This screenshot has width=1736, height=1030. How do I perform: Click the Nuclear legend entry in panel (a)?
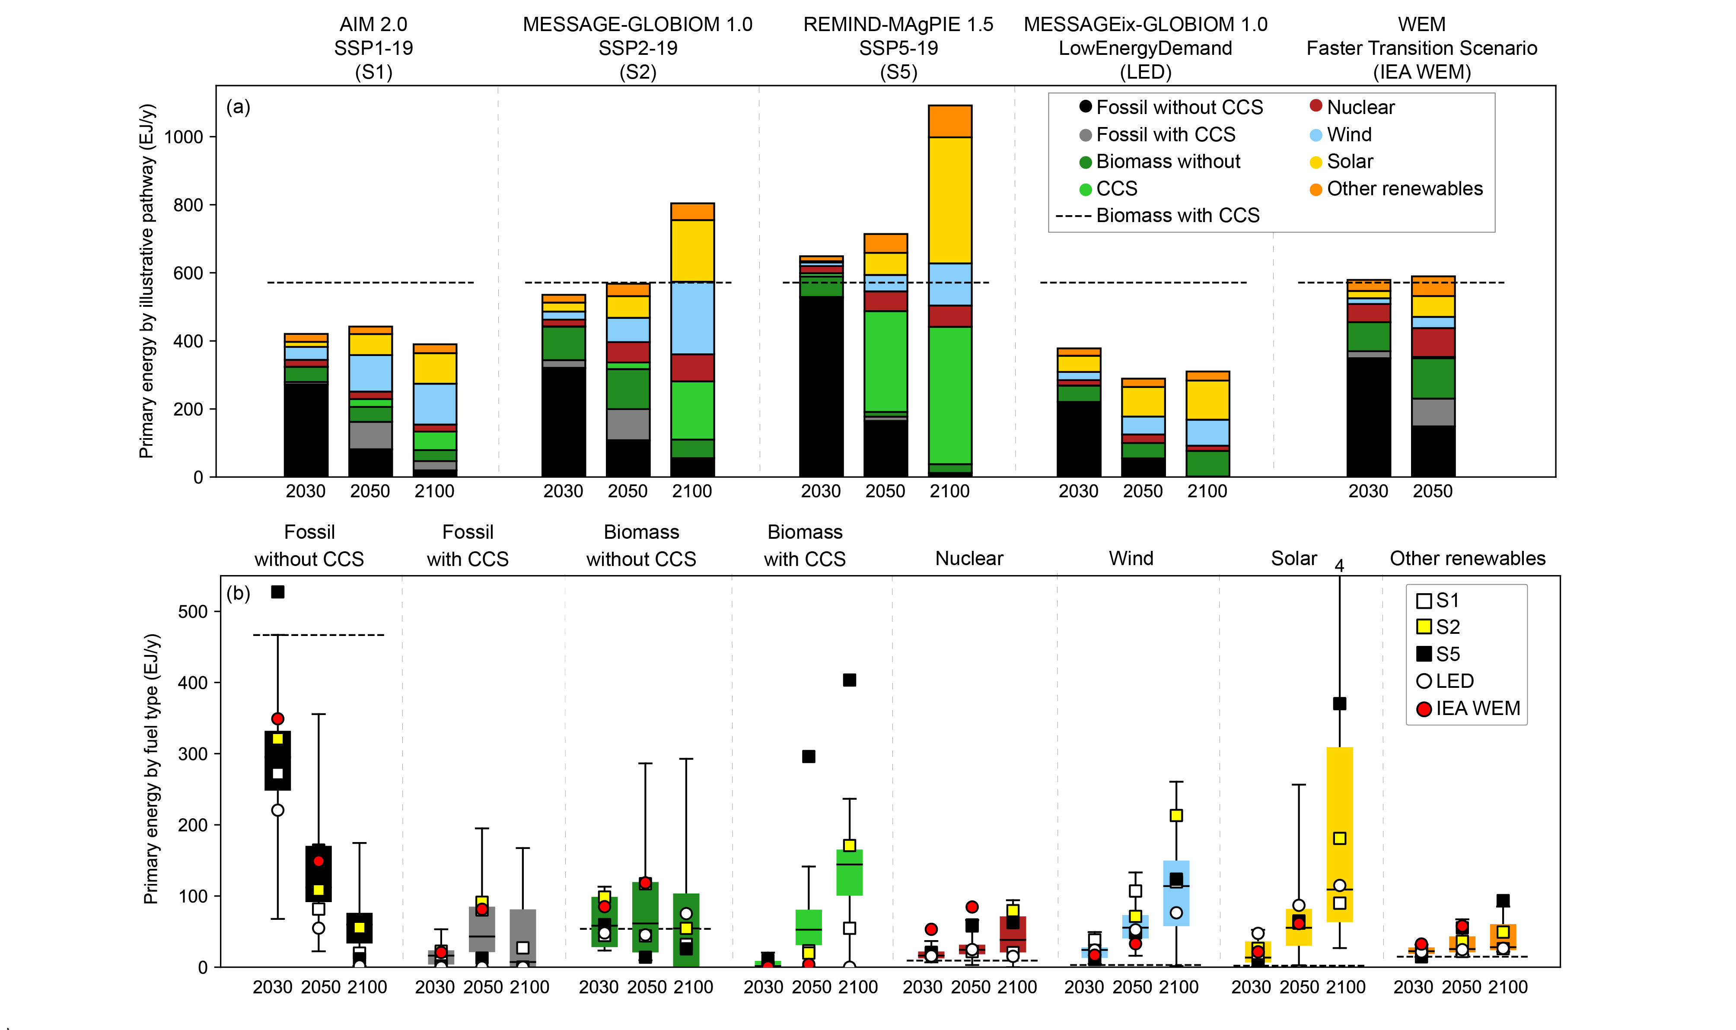tap(1359, 107)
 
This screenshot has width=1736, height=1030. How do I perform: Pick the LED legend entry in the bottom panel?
tap(1454, 681)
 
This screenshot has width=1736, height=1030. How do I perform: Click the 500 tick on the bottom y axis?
tap(193, 611)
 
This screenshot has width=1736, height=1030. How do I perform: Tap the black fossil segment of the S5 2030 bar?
tap(821, 385)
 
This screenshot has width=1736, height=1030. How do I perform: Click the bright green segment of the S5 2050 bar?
tap(885, 361)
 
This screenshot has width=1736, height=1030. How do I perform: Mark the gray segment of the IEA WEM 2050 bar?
tap(1433, 412)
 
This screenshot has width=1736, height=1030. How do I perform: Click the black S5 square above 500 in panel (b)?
tap(277, 592)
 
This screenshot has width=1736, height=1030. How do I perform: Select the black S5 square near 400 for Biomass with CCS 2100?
tap(849, 680)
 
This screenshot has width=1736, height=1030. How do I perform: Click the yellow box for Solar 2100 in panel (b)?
tap(1339, 798)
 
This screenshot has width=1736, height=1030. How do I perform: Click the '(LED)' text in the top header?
tap(1145, 72)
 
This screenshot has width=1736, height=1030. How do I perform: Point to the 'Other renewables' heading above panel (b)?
tap(1467, 558)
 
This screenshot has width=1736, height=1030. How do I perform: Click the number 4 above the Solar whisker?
tap(1339, 566)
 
